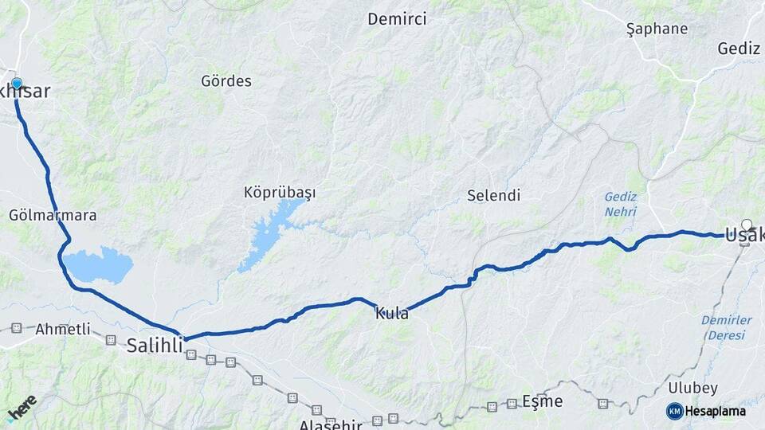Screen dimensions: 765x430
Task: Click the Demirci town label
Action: [x=397, y=19]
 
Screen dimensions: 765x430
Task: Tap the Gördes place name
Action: [x=226, y=81]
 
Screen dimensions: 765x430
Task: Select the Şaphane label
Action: [x=657, y=29]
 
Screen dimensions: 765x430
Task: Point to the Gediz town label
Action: [x=739, y=49]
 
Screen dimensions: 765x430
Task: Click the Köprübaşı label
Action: [x=280, y=193]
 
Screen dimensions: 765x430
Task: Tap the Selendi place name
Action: [x=494, y=195]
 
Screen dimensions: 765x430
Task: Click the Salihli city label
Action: [x=155, y=346]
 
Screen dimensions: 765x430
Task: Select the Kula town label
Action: [x=392, y=314]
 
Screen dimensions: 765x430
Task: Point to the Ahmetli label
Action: [x=63, y=329]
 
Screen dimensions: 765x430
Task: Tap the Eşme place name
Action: [x=543, y=401]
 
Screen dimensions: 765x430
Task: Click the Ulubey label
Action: [x=692, y=389]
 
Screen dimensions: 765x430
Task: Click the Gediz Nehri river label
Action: [x=621, y=204]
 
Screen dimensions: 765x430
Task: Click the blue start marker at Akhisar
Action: [x=16, y=83]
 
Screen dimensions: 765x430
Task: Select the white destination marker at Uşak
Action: [x=747, y=225]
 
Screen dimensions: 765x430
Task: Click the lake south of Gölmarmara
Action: [x=97, y=265]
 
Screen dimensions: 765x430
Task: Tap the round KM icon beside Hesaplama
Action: [x=674, y=411]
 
